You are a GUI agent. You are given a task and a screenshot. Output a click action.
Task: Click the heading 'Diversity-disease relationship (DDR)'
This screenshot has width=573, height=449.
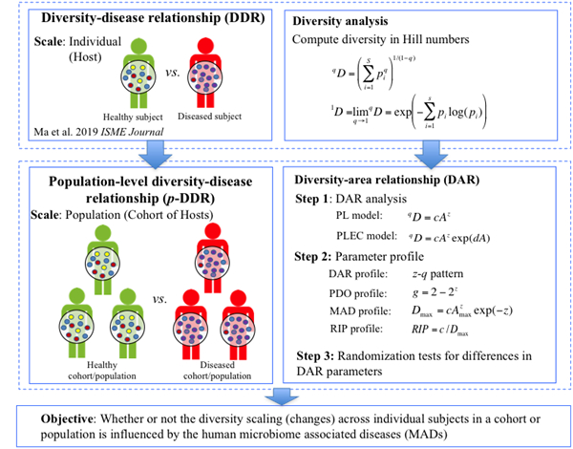142,19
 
